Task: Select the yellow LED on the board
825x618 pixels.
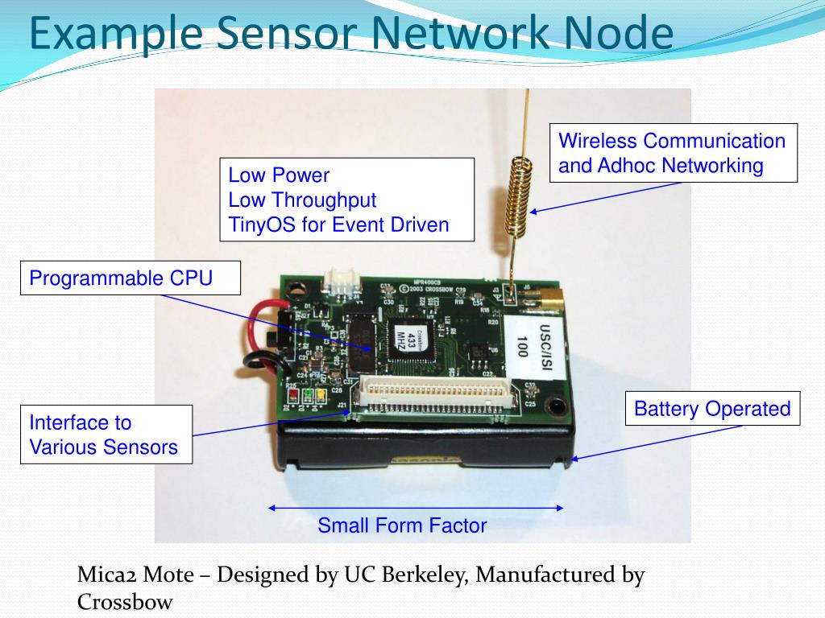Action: click(x=320, y=395)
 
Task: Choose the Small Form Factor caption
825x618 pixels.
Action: click(x=402, y=526)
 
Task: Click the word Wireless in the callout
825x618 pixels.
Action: click(x=597, y=141)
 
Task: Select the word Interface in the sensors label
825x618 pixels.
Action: click(x=68, y=422)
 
